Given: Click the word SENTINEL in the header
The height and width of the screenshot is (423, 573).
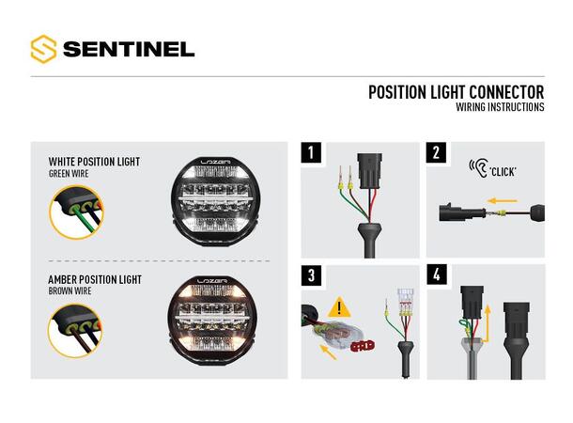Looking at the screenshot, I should click(128, 48).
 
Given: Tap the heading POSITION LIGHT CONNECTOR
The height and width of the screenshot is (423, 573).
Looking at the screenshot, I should click(456, 92).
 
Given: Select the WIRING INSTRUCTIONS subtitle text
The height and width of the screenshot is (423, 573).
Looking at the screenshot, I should click(500, 107).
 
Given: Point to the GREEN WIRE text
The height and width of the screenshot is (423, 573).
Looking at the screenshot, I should click(70, 174).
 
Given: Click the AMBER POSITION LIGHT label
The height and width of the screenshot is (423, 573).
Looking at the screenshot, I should click(94, 280).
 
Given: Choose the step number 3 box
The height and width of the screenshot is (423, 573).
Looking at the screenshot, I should click(311, 274).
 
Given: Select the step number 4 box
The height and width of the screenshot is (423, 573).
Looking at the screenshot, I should click(437, 274).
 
